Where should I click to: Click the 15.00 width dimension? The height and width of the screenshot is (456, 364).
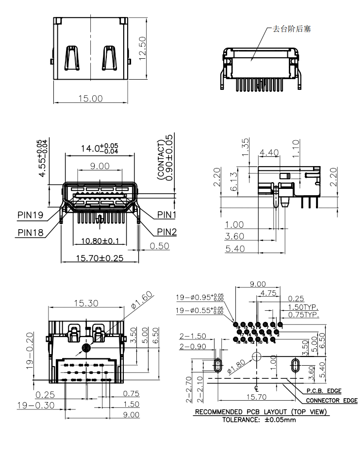(x=91, y=98)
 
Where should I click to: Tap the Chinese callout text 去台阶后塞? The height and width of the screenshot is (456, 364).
(x=292, y=29)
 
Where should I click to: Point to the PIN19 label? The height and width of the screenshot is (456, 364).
(x=31, y=214)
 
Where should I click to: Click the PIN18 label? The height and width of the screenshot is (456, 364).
(x=31, y=232)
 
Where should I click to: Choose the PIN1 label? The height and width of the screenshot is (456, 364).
(x=166, y=214)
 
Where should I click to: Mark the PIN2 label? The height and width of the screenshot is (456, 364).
(x=166, y=232)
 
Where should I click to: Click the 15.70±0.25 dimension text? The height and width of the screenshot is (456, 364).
(x=99, y=258)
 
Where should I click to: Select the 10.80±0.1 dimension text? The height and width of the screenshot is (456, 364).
(x=100, y=241)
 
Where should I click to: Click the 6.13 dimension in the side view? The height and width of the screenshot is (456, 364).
(x=234, y=182)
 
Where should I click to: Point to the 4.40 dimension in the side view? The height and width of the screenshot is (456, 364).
(x=269, y=152)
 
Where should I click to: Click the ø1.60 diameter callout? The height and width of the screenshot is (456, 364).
(x=142, y=301)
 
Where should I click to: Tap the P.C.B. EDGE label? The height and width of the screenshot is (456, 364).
(x=324, y=391)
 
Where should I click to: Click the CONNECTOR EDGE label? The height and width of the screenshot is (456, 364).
(x=331, y=401)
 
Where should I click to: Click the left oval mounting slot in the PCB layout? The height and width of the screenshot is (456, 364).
(x=218, y=365)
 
